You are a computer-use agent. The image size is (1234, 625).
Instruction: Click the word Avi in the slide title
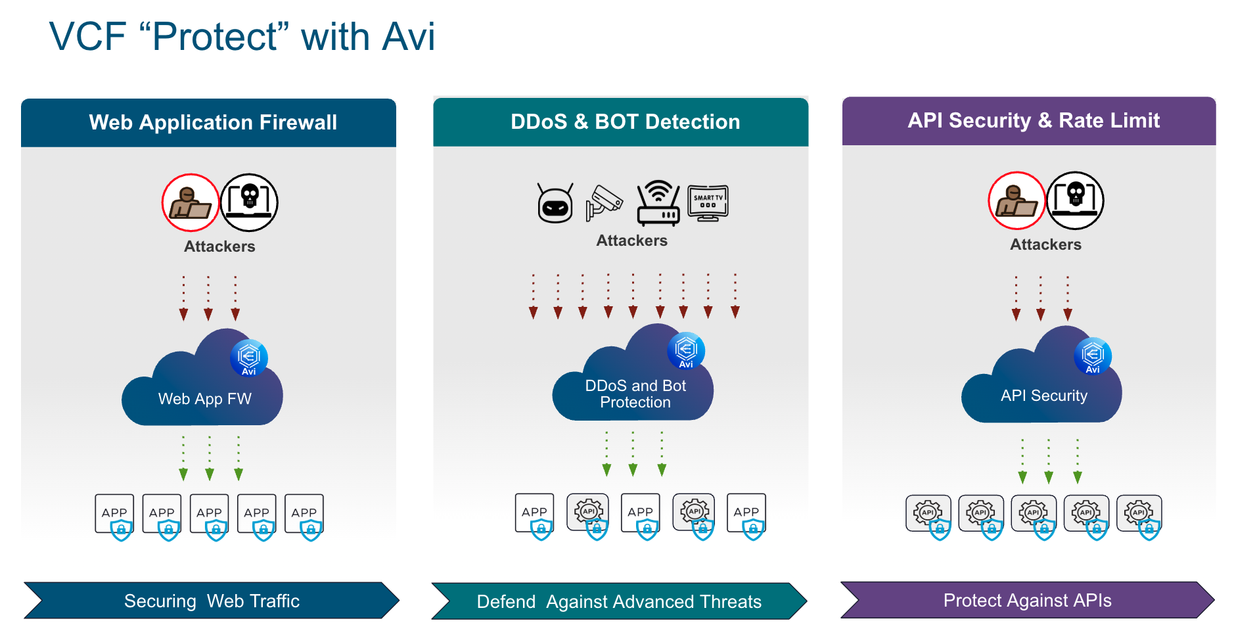point(408,37)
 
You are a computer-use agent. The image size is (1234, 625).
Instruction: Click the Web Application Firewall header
point(212,123)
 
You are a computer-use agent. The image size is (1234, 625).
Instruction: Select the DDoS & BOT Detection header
point(624,122)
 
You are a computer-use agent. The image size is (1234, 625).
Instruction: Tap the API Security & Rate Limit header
point(1033,121)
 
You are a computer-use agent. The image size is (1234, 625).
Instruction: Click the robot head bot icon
point(555,204)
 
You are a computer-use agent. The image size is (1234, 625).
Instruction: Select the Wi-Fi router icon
point(658,203)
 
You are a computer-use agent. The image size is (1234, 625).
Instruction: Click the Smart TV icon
point(708,203)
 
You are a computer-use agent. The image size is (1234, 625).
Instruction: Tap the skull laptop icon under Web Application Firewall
point(249,202)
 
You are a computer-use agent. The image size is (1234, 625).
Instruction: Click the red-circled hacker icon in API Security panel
point(1017,200)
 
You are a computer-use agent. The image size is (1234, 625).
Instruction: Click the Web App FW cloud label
point(204,399)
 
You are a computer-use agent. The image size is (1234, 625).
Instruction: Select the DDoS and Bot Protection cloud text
point(635,394)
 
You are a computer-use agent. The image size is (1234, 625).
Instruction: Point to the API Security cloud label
point(1043,396)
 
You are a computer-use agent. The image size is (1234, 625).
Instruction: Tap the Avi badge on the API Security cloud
point(1092,356)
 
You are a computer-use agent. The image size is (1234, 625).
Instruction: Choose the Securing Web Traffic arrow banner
point(212,601)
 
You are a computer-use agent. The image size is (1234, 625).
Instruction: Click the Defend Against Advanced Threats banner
point(618,601)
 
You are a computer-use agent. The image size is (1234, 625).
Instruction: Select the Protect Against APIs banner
point(1027,600)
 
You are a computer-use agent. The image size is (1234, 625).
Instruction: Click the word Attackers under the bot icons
point(631,241)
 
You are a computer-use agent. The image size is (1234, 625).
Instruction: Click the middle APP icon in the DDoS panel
point(641,515)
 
